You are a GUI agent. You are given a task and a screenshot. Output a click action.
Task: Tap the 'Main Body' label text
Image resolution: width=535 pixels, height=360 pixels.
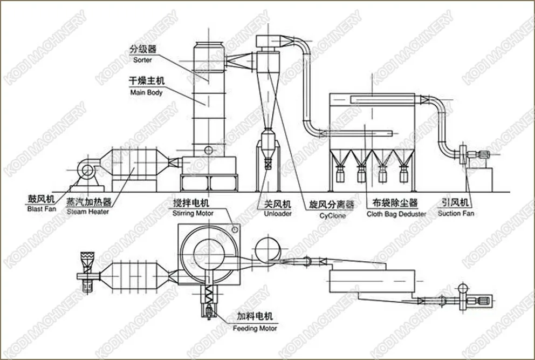click(x=146, y=92)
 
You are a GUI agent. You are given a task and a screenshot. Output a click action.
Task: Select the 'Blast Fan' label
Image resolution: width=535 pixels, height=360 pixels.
click(x=41, y=209)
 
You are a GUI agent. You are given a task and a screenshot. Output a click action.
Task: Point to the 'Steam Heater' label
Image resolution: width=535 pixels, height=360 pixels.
click(x=88, y=212)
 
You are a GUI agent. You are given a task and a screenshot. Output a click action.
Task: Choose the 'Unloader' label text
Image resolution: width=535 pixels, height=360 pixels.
click(x=278, y=213)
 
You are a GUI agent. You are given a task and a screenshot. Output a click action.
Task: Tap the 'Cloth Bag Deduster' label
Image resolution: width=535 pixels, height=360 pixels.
click(x=396, y=214)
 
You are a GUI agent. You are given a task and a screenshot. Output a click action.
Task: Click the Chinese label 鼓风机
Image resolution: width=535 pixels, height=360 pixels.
click(x=42, y=199)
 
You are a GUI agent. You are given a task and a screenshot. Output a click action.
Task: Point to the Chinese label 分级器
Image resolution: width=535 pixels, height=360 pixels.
click(x=142, y=50)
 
